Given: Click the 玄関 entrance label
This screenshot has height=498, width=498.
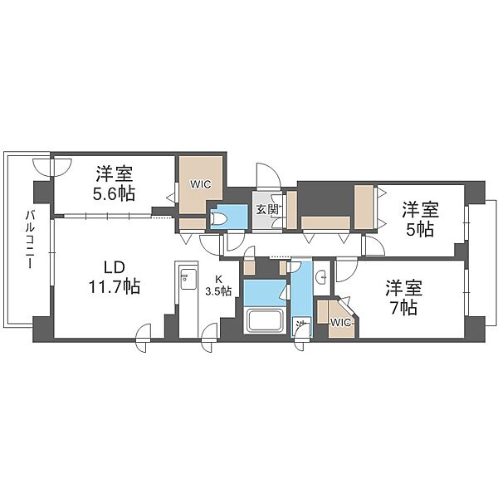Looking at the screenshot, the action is [x=267, y=209].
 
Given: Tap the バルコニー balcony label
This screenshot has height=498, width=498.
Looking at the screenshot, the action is [x=30, y=240].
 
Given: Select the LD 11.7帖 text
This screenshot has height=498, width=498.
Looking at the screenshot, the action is [x=115, y=277].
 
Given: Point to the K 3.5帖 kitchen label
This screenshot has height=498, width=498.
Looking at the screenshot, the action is [x=218, y=286].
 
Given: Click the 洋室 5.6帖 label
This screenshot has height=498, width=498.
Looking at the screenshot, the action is [x=114, y=183].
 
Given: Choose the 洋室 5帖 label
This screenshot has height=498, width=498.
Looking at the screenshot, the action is [x=420, y=219].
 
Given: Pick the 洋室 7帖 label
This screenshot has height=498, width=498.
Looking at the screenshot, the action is [x=403, y=297].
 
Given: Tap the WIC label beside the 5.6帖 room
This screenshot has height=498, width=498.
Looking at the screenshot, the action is [x=200, y=184].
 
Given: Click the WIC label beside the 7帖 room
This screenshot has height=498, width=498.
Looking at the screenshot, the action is [x=340, y=323].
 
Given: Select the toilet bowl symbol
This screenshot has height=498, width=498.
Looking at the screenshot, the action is [x=218, y=218].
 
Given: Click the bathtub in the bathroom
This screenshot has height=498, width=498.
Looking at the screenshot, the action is [x=264, y=320].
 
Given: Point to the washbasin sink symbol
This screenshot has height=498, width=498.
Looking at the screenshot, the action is [x=321, y=277].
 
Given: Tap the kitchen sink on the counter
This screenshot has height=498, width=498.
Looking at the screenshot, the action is [x=187, y=279].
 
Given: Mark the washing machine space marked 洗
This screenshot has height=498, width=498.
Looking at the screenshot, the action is [x=301, y=326].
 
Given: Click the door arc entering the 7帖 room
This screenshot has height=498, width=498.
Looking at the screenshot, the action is [x=346, y=271].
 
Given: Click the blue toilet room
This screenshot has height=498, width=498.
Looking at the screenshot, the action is [x=229, y=217].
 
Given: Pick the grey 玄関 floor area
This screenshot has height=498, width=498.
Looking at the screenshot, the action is [x=267, y=210].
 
